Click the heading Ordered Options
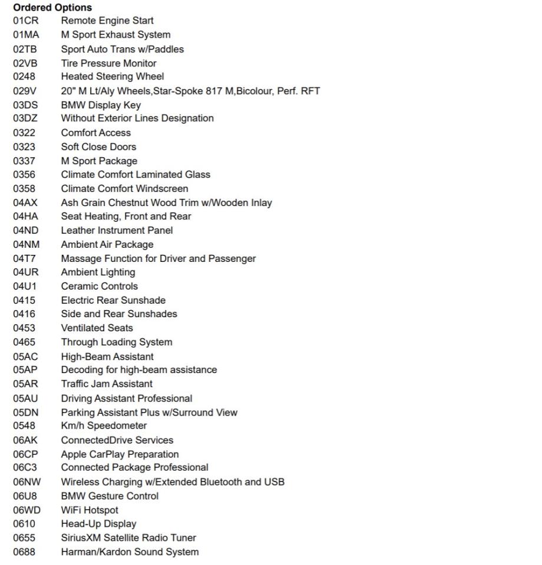[52, 8]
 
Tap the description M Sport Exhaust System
[115, 35]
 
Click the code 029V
[25, 91]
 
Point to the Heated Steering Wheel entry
[113, 77]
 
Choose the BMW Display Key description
[101, 105]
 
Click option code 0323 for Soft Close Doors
[24, 147]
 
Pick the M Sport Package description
[99, 161]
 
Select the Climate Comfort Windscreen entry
[124, 188]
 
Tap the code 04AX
[25, 202]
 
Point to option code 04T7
[25, 258]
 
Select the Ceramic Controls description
[99, 286]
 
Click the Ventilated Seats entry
[97, 328]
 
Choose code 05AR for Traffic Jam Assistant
[25, 384]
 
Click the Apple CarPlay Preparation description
[120, 454]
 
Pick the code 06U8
[25, 496]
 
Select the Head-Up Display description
[98, 524]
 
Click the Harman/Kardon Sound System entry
[130, 552]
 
